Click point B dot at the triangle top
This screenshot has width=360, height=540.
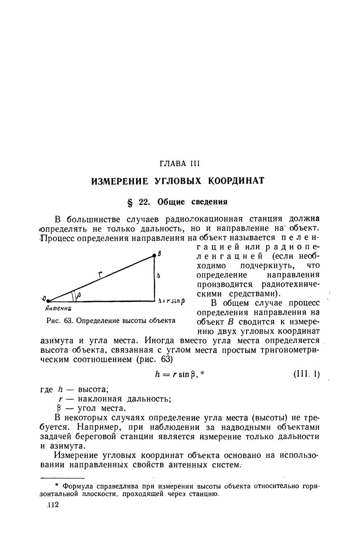[154, 255]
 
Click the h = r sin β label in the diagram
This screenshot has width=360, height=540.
[172, 300]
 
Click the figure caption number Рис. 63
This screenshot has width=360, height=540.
[59, 321]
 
